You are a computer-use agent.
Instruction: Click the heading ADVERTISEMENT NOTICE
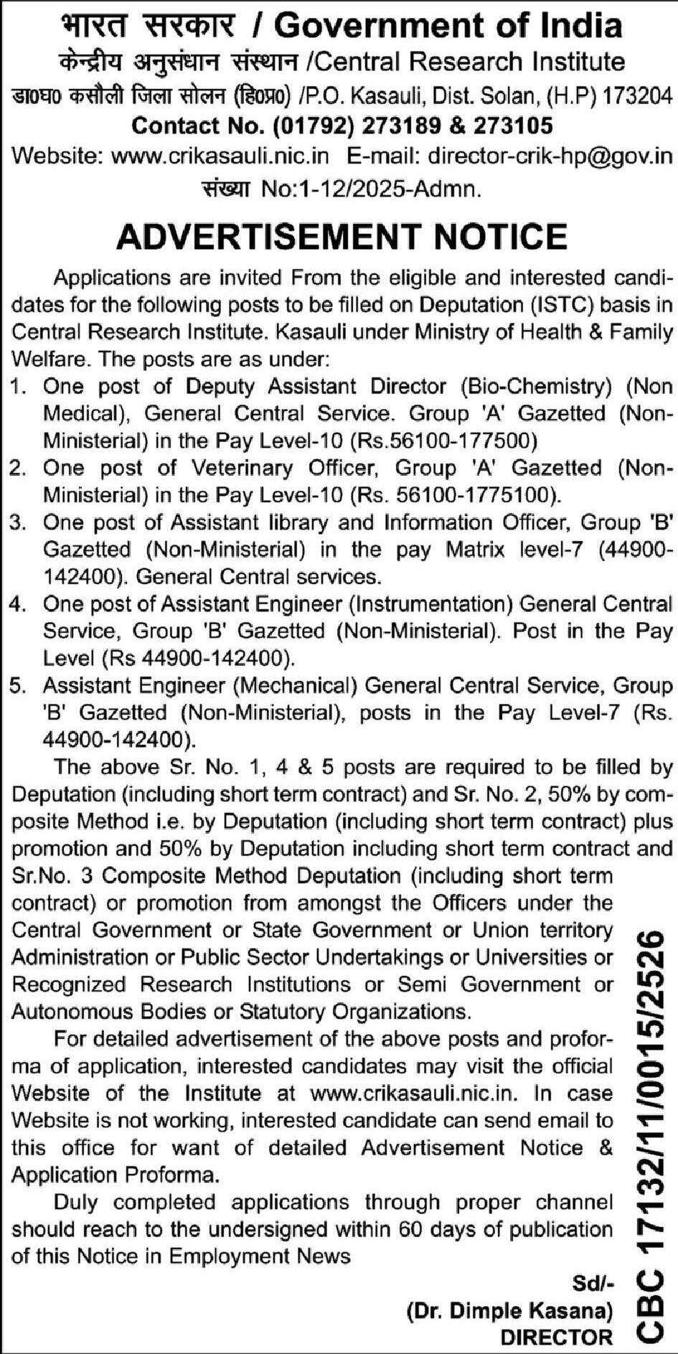[x=342, y=235]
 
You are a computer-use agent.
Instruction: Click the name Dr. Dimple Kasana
[x=510, y=1311]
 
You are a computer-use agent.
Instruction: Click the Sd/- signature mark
[x=593, y=1283]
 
